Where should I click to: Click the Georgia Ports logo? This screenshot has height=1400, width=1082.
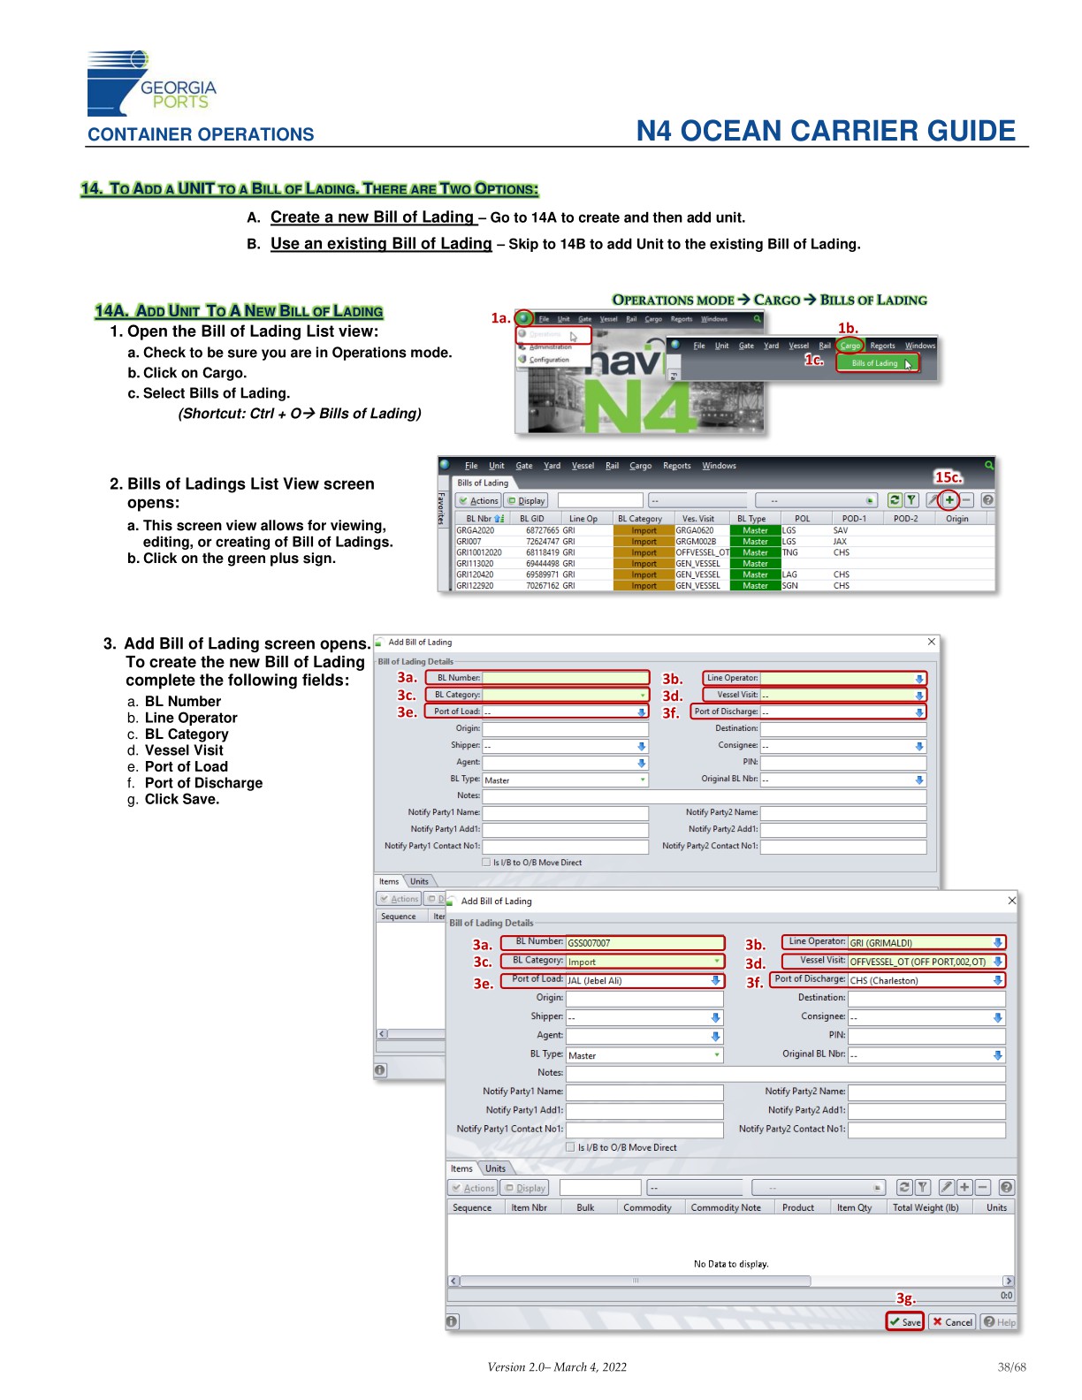click(x=150, y=84)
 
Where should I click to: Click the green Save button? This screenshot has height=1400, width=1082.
click(x=905, y=1321)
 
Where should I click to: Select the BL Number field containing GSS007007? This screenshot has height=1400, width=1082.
click(x=644, y=943)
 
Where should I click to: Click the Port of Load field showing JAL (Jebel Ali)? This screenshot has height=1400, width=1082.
click(x=636, y=980)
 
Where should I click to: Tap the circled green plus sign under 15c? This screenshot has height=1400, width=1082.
click(x=949, y=500)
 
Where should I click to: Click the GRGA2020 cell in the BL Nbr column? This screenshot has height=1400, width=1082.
click(x=476, y=530)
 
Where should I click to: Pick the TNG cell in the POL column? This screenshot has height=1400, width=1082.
click(x=790, y=552)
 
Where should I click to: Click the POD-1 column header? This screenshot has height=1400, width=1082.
click(x=854, y=519)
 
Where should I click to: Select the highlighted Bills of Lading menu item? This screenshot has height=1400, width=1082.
click(x=877, y=363)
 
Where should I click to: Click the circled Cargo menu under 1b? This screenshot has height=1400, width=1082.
click(x=850, y=346)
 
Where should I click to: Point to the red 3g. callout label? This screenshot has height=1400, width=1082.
click(x=905, y=1298)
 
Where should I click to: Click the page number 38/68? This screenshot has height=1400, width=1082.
click(x=1011, y=1367)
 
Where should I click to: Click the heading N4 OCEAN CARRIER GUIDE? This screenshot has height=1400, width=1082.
click(x=826, y=131)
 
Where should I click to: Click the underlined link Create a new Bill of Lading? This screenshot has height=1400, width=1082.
click(x=373, y=217)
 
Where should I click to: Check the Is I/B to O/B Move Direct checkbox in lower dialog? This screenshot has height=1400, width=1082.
click(x=570, y=1147)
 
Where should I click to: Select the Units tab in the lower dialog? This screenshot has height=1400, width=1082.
click(x=495, y=1168)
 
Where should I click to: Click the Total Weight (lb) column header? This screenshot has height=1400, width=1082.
click(x=925, y=1207)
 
